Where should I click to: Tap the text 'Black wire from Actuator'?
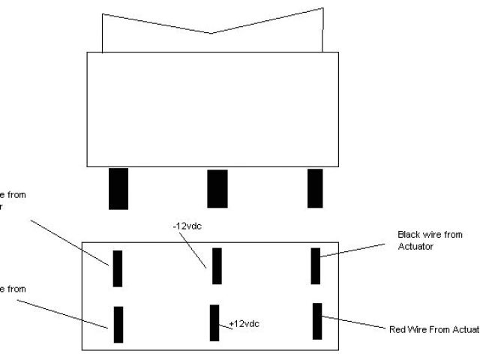(430, 240)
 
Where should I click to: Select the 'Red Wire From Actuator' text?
(434, 329)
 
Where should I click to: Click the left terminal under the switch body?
(118, 188)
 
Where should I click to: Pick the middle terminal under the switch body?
(217, 188)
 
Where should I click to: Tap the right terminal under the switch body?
(315, 188)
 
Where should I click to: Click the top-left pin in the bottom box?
(118, 268)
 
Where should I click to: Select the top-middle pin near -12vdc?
(217, 265)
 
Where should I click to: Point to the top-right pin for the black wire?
(316, 265)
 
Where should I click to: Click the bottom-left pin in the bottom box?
(118, 324)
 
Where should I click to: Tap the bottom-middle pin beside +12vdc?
(214, 322)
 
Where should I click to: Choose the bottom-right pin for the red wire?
(317, 321)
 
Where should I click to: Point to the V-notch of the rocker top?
(212, 33)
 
